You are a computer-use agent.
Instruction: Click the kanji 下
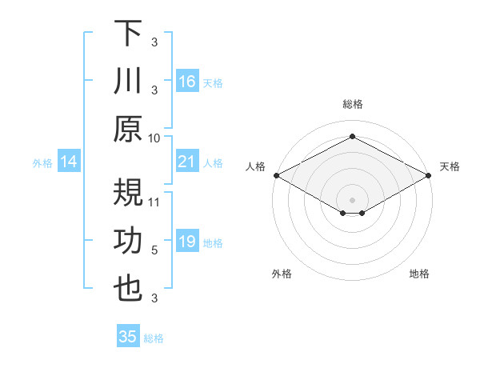tap(128, 35)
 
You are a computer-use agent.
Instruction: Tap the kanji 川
tap(128, 82)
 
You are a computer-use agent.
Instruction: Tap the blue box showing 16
tap(186, 82)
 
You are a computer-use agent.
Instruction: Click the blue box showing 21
tap(186, 162)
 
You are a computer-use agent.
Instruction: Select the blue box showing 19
tap(186, 242)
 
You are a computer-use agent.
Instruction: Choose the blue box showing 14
tap(70, 162)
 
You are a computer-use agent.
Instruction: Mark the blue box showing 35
tap(128, 337)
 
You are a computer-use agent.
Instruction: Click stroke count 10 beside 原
tap(154, 138)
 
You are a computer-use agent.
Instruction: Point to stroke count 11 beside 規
tap(154, 202)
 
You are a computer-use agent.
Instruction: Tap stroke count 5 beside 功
tap(154, 250)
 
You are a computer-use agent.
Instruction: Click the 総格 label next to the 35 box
tap(154, 338)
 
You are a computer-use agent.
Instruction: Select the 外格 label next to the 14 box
tap(42, 163)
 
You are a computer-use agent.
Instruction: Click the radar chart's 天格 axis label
tap(450, 166)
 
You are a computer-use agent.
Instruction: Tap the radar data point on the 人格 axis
tap(276, 174)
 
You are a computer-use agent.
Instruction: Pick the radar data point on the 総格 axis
tap(352, 137)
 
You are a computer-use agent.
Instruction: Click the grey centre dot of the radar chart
tap(352, 199)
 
